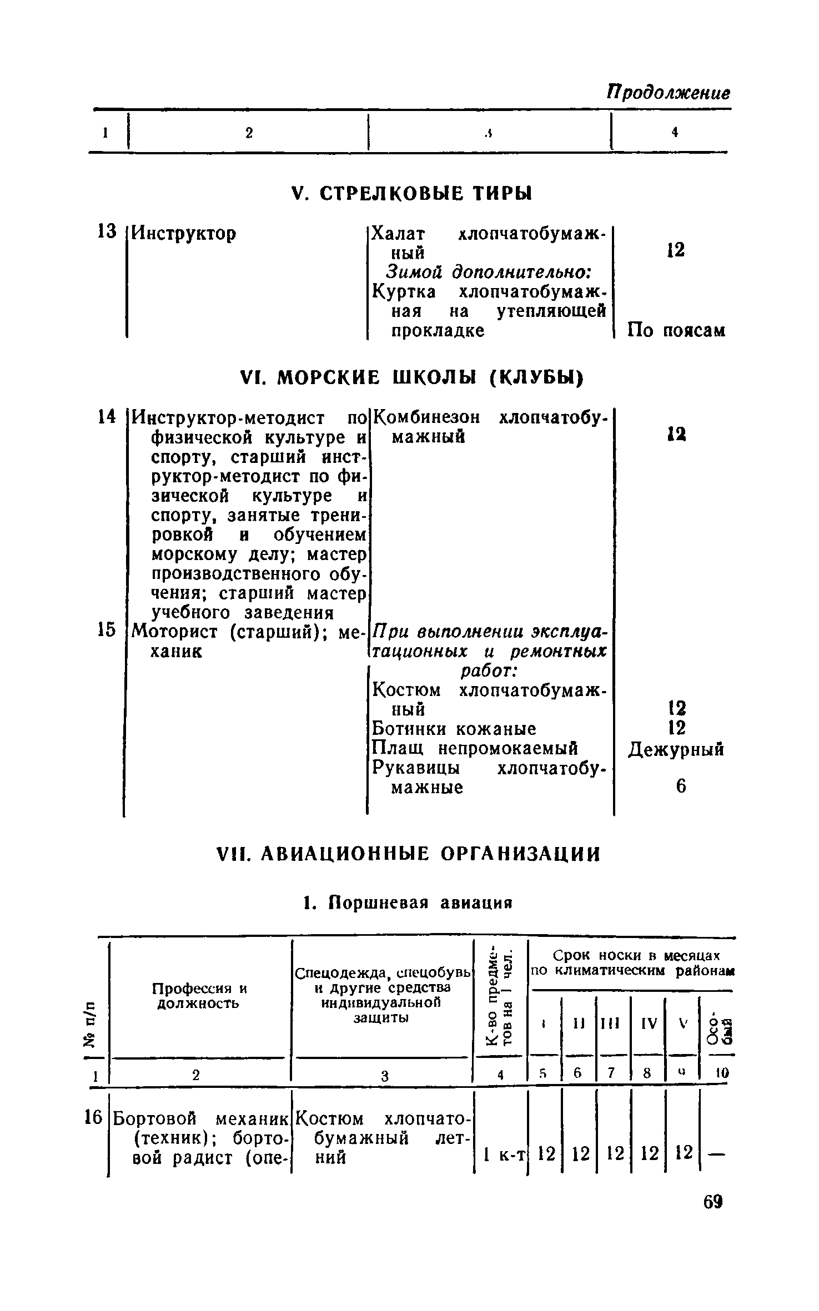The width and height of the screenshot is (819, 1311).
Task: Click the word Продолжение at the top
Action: tap(668, 92)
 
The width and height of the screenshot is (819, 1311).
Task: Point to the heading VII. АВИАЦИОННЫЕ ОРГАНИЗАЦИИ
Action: tap(408, 854)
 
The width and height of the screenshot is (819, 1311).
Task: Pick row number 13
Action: tap(106, 231)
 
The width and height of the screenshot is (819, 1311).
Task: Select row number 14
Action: tap(106, 416)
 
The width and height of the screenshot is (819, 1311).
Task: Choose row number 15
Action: tap(106, 630)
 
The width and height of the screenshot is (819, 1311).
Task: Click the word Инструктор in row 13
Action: tap(183, 233)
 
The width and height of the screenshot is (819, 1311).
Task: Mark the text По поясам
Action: tap(676, 331)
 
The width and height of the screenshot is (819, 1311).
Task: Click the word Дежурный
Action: tap(676, 750)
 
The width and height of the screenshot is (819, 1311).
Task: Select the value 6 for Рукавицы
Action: tap(681, 786)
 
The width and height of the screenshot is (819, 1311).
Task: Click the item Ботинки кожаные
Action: tap(454, 728)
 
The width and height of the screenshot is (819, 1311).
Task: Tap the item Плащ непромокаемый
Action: tap(475, 748)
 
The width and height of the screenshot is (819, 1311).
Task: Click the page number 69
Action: tap(713, 1217)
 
